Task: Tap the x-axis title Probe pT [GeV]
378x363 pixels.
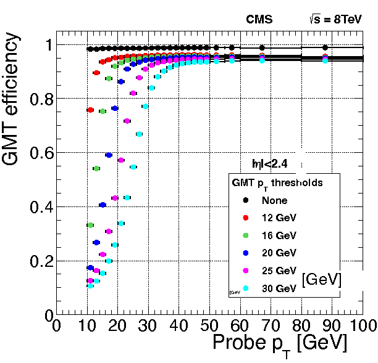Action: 280,343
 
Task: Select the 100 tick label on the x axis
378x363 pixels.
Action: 360,325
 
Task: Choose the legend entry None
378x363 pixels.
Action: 274,200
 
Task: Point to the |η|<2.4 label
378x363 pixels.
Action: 267,163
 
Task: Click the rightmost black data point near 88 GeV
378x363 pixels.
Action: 325,47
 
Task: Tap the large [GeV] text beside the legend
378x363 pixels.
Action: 322,280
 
